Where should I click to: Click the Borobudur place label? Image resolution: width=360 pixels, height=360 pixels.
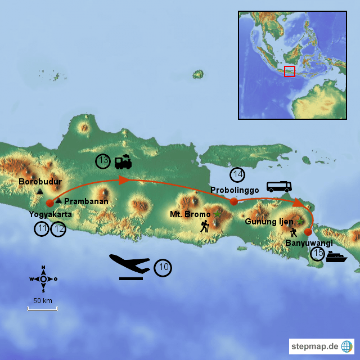(40, 182)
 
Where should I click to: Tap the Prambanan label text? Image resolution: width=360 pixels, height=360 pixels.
(86, 201)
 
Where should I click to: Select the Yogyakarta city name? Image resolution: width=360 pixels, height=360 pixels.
(51, 214)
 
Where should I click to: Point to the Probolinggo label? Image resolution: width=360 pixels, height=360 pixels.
(235, 190)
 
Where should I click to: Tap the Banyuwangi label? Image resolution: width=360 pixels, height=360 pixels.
(309, 243)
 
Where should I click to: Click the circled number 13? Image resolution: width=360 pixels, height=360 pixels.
(102, 161)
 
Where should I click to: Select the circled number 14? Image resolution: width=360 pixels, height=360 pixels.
(237, 174)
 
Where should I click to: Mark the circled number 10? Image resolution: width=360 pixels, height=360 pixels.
(163, 268)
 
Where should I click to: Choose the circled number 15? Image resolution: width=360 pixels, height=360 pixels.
(318, 254)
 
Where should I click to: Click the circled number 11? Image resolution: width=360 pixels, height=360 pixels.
(42, 229)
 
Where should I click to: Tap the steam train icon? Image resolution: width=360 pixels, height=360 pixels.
(123, 162)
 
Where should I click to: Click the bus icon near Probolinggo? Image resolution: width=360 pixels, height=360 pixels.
(278, 186)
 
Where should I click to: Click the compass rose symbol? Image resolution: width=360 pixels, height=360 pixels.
(43, 279)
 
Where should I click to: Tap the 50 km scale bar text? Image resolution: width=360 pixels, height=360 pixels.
(42, 301)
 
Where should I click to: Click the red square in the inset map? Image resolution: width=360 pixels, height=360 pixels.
(290, 71)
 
